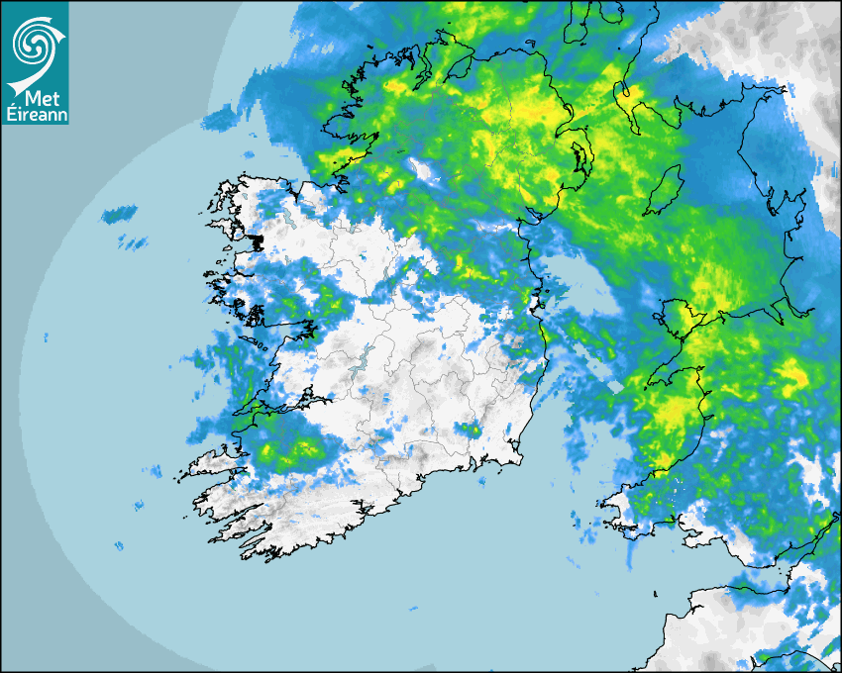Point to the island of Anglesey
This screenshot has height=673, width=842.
pos(676,318)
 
